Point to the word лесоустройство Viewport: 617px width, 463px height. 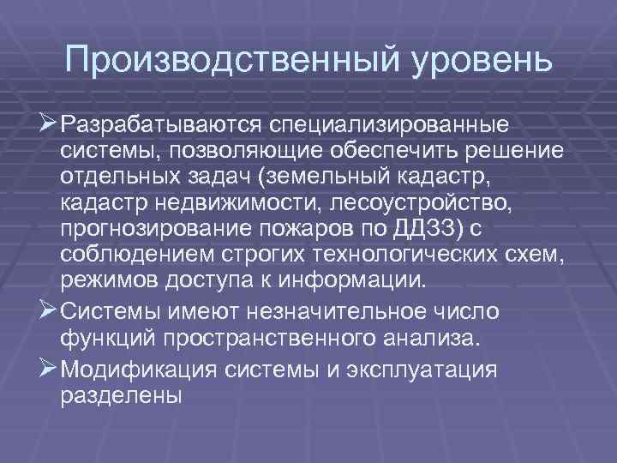pyautogui.click(x=432, y=206)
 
